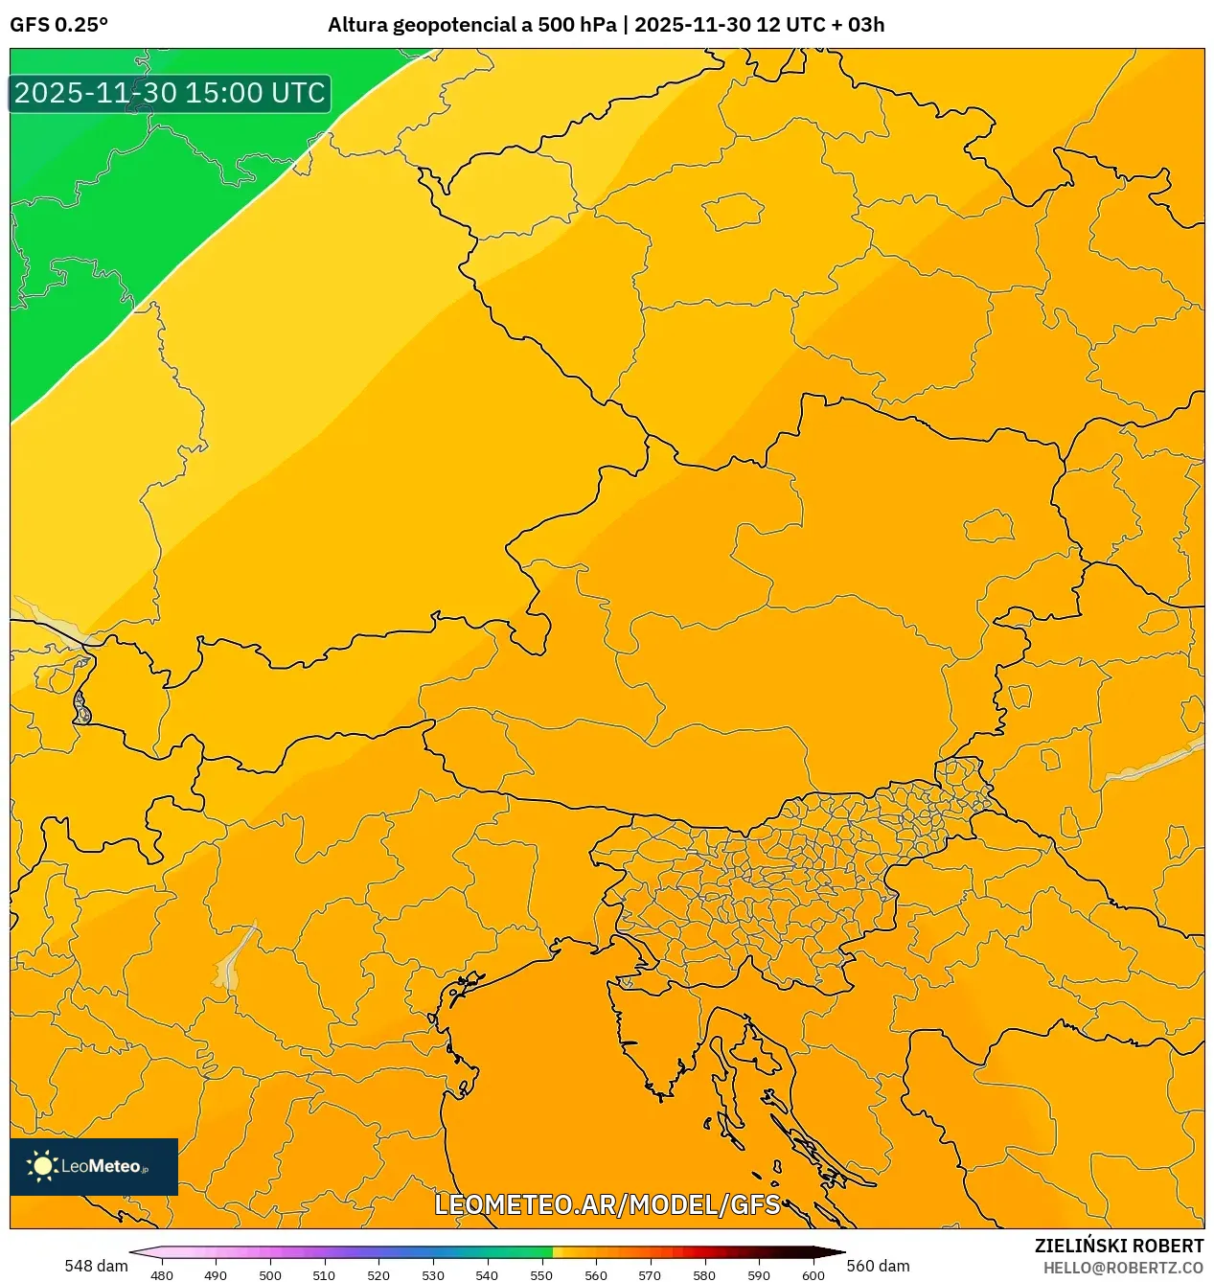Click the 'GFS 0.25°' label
[x=58, y=25]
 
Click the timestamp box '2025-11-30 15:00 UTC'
[x=170, y=93]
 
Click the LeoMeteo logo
[x=94, y=1166]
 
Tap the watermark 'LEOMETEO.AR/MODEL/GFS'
[x=607, y=1204]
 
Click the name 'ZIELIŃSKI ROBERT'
[x=1118, y=1246]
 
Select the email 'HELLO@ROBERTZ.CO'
[x=1123, y=1268]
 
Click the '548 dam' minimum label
[x=96, y=1266]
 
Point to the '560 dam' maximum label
[x=878, y=1266]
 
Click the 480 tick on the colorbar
[x=162, y=1275]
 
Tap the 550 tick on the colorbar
[x=541, y=1275]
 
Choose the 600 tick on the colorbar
[x=813, y=1275]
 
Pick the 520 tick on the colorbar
[x=378, y=1275]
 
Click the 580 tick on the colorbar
[x=704, y=1275]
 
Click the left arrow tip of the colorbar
[x=132, y=1252]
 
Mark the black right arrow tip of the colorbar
[x=842, y=1252]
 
